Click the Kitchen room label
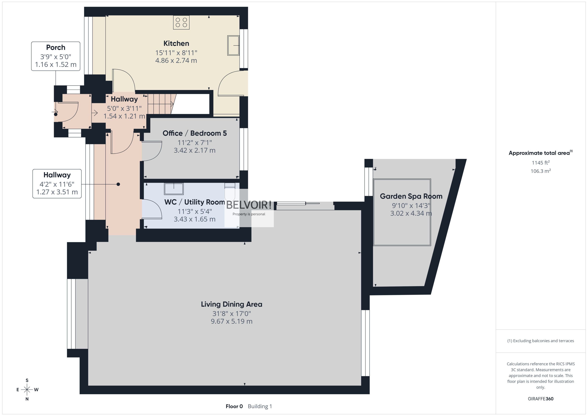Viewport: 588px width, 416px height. coord(176,43)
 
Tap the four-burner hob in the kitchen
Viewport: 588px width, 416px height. coord(181,23)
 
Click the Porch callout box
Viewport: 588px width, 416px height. coord(56,56)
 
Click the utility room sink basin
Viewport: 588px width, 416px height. coord(174,189)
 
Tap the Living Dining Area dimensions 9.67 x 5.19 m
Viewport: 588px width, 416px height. coord(231,321)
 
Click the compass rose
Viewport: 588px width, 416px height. coord(27,390)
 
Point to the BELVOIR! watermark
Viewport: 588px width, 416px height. coord(248,205)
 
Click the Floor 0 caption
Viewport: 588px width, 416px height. coord(234,406)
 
